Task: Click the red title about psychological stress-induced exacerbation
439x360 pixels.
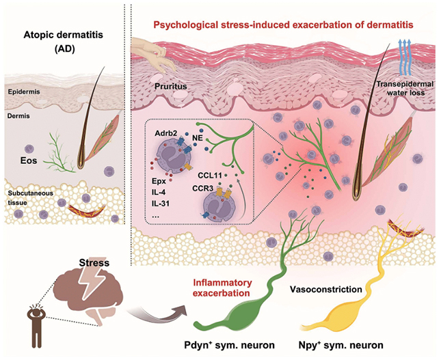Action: tap(282, 25)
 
